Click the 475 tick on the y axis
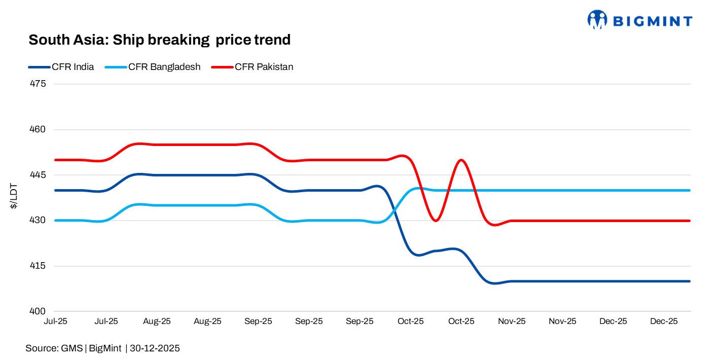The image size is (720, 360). point(39,84)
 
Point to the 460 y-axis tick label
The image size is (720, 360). point(39,129)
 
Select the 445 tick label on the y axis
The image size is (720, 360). point(39,175)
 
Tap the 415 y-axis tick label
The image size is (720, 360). point(39,266)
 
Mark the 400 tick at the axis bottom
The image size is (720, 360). point(39,311)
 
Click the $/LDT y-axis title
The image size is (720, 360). point(15,197)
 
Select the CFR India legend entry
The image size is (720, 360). point(73,67)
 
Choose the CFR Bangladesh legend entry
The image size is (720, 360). point(164,67)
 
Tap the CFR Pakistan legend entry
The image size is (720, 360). point(263,67)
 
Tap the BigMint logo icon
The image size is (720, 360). point(597,20)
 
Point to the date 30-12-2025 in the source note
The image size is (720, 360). point(155,348)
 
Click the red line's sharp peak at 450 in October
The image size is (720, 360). point(461,160)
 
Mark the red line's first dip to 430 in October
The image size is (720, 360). point(436,221)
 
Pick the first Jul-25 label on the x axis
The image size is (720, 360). point(56,321)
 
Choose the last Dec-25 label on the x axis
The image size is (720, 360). point(664,321)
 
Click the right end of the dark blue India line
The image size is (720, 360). point(690,281)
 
